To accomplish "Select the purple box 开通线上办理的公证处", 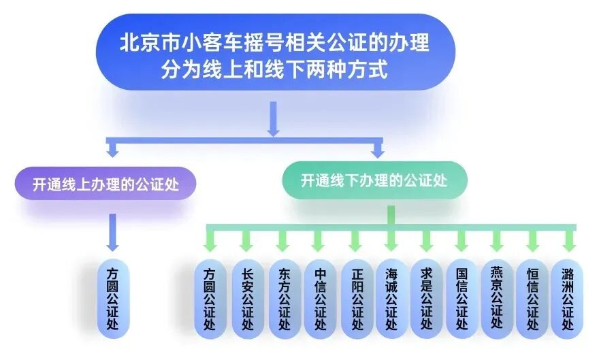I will pos(106,184).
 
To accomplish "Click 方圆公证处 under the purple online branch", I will pos(113,298).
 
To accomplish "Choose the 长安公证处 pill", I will pos(246,298).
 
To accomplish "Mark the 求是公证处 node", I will pos(427,298).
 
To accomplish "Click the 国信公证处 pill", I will pos(462,298).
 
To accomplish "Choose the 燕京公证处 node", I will pos(497,298).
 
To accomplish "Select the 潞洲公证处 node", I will pos(568,298).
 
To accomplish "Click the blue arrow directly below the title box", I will pos(273,119).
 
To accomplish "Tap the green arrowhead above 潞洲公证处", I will pos(568,243).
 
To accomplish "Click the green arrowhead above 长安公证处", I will pos(246,243).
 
